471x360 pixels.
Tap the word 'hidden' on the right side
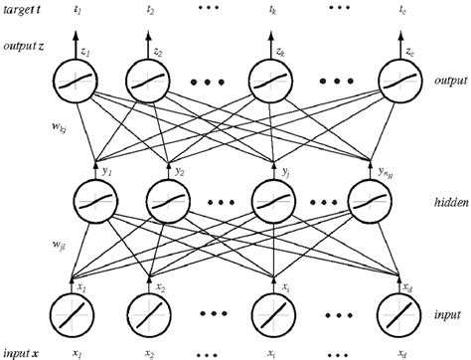point(437,202)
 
